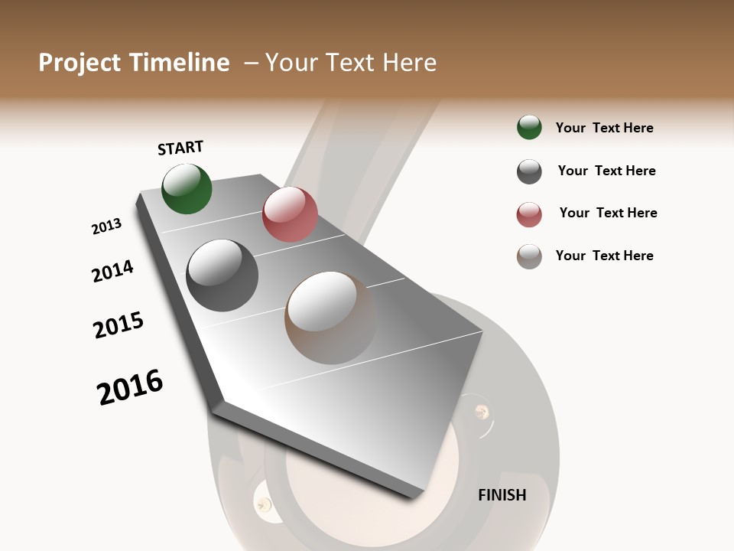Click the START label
pyautogui.click(x=180, y=148)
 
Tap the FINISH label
pyautogui.click(x=502, y=495)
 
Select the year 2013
pyautogui.click(x=107, y=227)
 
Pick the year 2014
pyautogui.click(x=112, y=271)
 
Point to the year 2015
pyautogui.click(x=119, y=325)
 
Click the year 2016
pyautogui.click(x=130, y=387)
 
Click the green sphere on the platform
pyautogui.click(x=187, y=188)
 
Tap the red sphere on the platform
pyautogui.click(x=290, y=214)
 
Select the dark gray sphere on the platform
pyautogui.click(x=222, y=275)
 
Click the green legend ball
pyautogui.click(x=529, y=127)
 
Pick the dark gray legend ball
pyautogui.click(x=529, y=171)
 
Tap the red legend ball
pyautogui.click(x=529, y=214)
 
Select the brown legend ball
pyautogui.click(x=529, y=256)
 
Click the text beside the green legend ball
pyautogui.click(x=604, y=128)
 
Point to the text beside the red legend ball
pyautogui.click(x=608, y=213)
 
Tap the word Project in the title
pyautogui.click(x=80, y=63)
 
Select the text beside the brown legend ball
pyautogui.click(x=604, y=256)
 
